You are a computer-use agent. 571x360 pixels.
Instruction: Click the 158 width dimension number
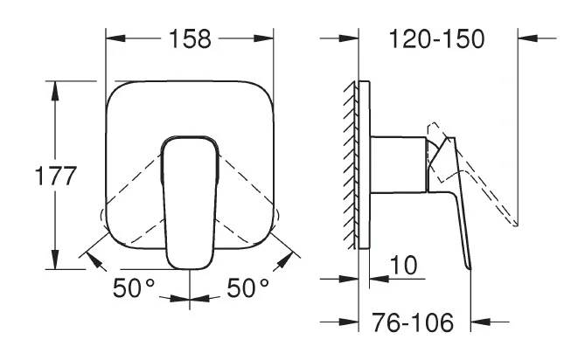190,39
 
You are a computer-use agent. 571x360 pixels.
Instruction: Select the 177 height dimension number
56,176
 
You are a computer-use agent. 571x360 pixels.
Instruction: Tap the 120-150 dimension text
437,38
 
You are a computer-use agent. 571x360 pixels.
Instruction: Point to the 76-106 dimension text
413,322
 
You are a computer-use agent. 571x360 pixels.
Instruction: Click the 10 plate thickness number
403,265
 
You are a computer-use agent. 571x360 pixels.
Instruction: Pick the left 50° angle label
134,288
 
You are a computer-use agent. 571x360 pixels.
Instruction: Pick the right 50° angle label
248,288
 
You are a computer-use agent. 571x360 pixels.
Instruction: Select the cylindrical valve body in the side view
399,164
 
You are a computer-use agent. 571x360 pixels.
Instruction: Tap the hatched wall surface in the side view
351,164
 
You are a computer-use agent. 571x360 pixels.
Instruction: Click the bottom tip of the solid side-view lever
470,269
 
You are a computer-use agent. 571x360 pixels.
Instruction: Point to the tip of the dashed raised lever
516,225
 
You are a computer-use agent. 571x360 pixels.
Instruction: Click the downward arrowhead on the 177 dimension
55,260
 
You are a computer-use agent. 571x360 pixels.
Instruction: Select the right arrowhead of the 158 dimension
264,38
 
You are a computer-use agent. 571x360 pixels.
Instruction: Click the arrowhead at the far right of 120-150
527,38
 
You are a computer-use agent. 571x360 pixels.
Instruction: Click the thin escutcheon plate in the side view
365,164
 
